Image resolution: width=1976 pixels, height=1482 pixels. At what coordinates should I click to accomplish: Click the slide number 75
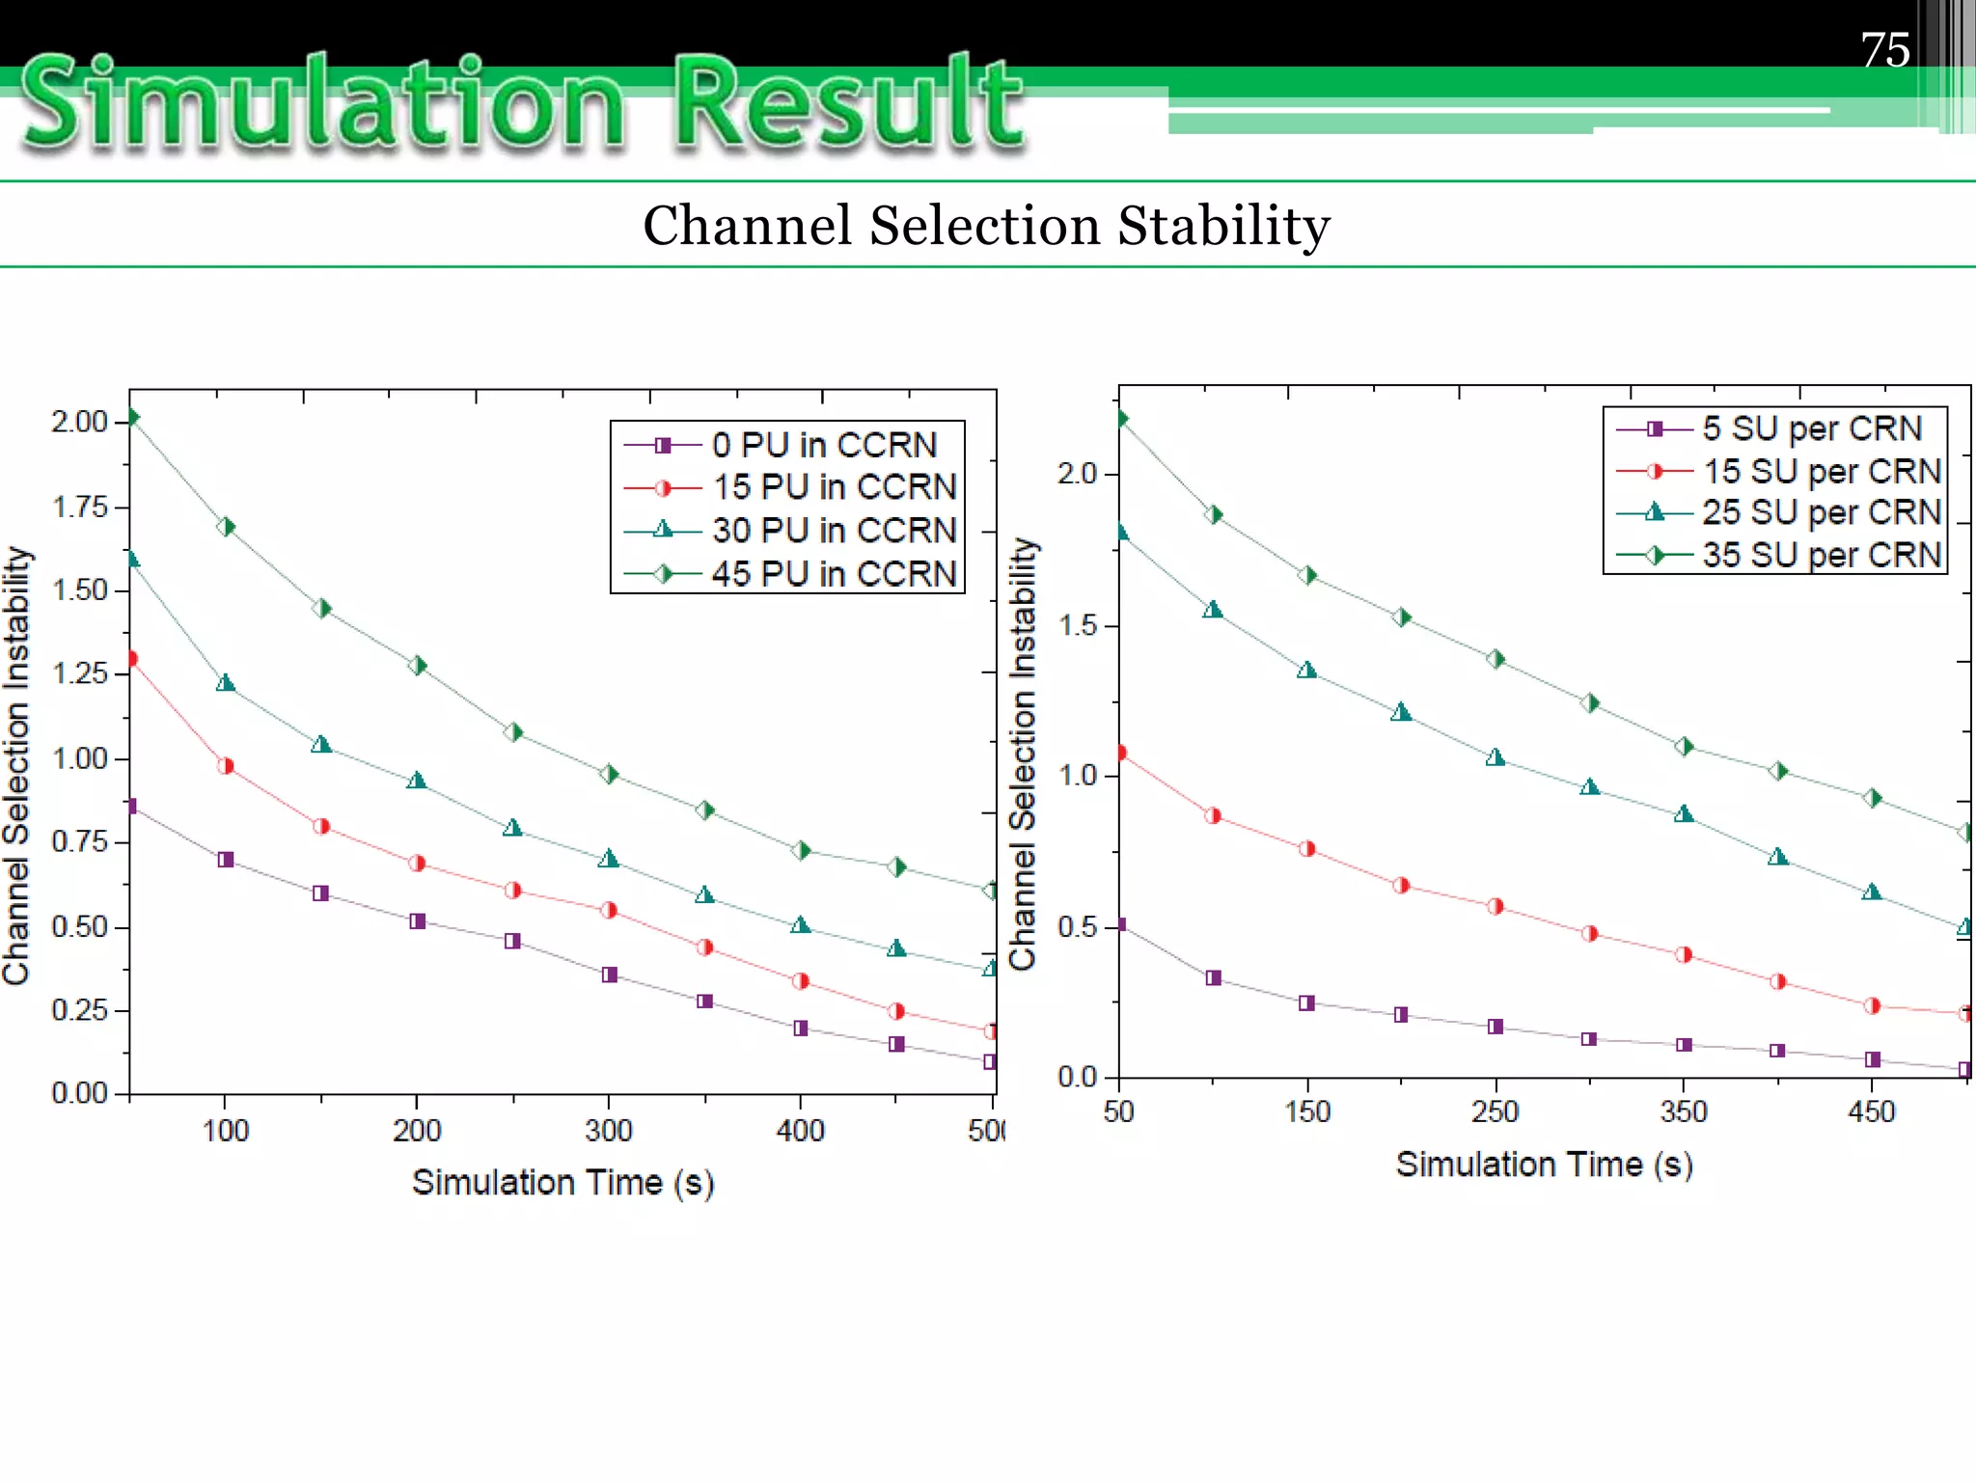(x=1884, y=49)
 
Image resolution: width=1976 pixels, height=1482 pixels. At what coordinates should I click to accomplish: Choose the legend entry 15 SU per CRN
(x=1821, y=471)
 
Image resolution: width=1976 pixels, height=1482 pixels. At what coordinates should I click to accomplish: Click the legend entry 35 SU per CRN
(x=1821, y=555)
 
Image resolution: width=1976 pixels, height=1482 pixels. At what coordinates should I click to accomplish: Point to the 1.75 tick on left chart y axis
(x=79, y=507)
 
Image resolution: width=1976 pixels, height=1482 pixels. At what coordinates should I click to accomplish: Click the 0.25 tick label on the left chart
(x=79, y=1010)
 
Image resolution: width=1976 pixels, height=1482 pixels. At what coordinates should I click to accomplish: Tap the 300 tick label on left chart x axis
(x=608, y=1130)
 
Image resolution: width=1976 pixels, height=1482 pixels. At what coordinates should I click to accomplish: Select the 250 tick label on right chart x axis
(x=1495, y=1111)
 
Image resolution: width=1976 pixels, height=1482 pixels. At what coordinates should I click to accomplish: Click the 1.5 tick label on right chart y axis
(x=1078, y=625)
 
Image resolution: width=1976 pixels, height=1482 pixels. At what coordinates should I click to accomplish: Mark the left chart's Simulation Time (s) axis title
(x=563, y=1182)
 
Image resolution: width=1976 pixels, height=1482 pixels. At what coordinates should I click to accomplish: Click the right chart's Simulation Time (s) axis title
(x=1544, y=1164)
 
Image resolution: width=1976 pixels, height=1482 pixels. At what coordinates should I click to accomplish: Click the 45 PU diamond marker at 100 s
(x=226, y=527)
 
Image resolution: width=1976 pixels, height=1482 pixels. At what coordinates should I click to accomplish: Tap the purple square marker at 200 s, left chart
(x=417, y=921)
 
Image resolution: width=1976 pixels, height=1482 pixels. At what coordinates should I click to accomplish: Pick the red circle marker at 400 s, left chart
(x=800, y=981)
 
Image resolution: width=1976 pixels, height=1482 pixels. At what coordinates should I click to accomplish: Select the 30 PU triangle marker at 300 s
(x=608, y=859)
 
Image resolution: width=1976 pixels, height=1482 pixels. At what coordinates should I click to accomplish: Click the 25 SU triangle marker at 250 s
(x=1495, y=757)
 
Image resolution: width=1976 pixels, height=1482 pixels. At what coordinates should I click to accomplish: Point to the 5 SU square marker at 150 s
(x=1306, y=1003)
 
